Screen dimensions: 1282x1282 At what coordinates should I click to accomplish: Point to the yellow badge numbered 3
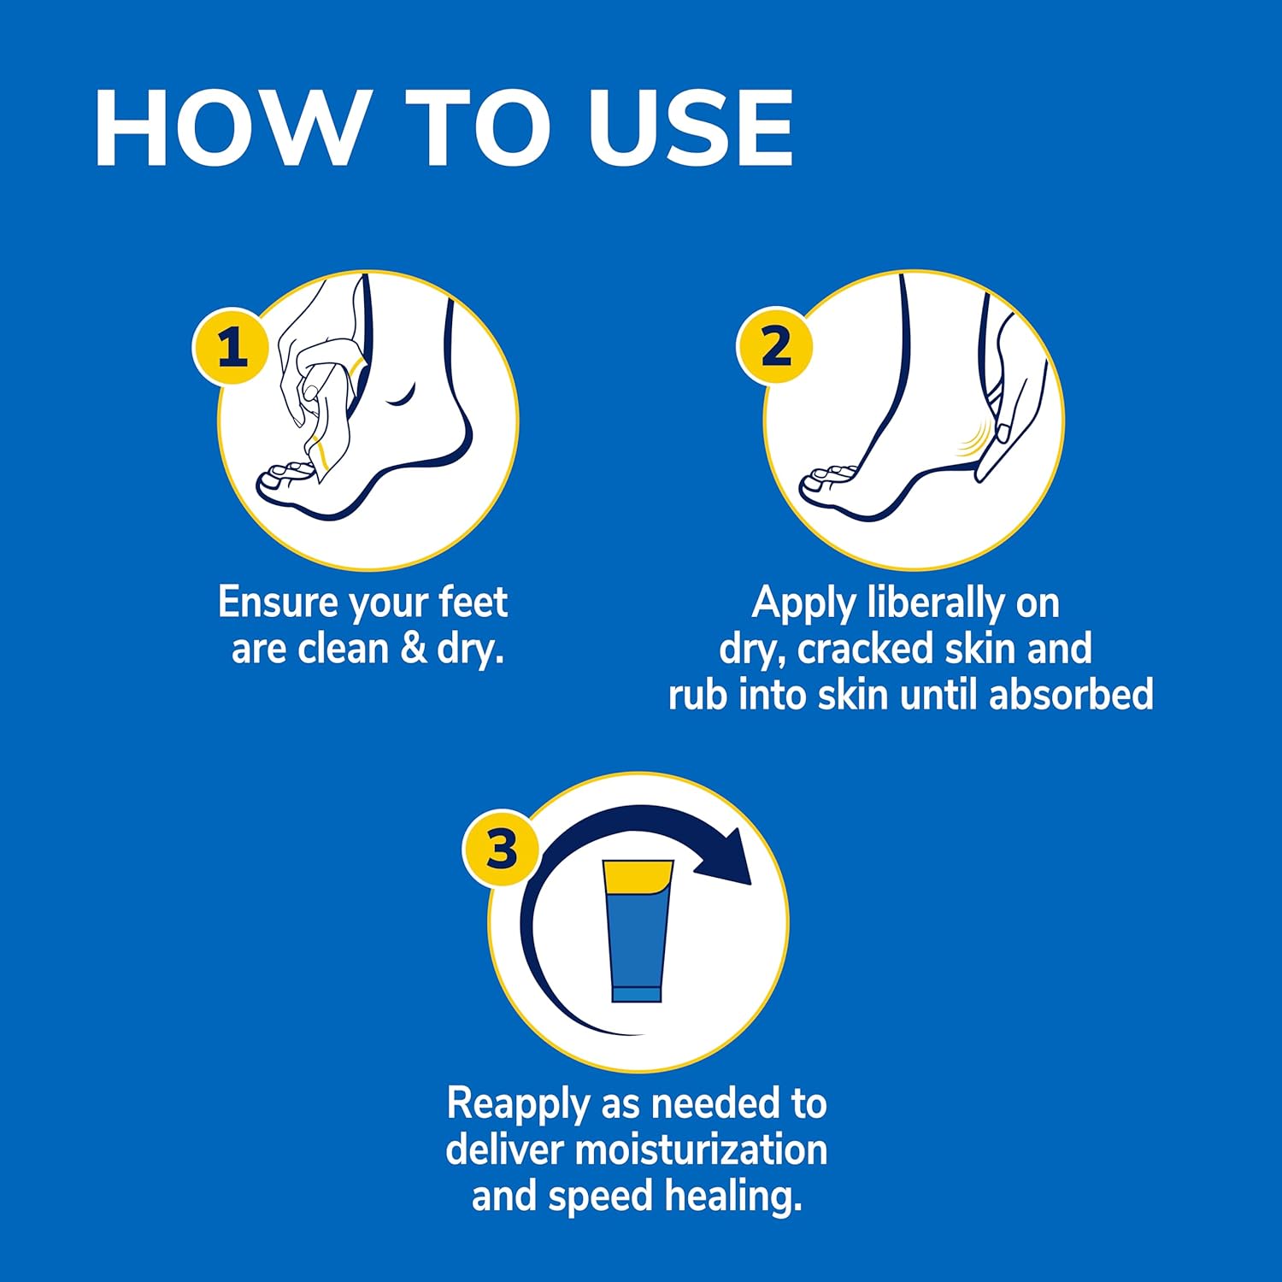click(x=502, y=849)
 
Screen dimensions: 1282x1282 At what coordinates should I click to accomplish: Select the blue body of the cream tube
click(x=637, y=940)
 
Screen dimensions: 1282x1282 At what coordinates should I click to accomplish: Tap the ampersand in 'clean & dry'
click(x=414, y=648)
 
